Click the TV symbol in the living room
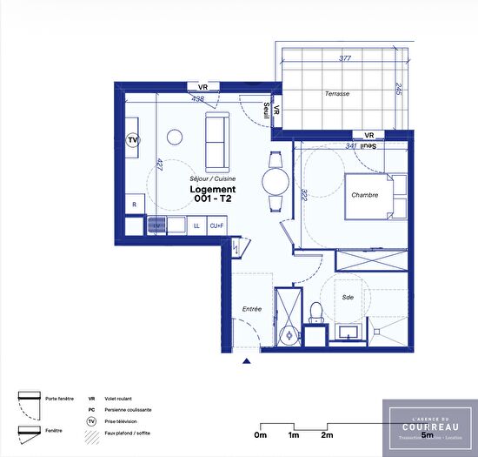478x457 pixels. (x=133, y=139)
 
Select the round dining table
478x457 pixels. (x=276, y=181)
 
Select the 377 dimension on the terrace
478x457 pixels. (x=345, y=59)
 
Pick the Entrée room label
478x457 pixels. (x=252, y=309)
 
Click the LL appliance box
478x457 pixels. (x=196, y=225)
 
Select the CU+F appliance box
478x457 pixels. (x=216, y=225)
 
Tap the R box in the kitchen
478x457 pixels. (x=134, y=205)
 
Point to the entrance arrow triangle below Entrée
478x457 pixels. (x=247, y=361)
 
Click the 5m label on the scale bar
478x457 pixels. (x=427, y=435)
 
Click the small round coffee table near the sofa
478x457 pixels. (x=175, y=136)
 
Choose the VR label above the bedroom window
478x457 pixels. (x=369, y=135)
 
